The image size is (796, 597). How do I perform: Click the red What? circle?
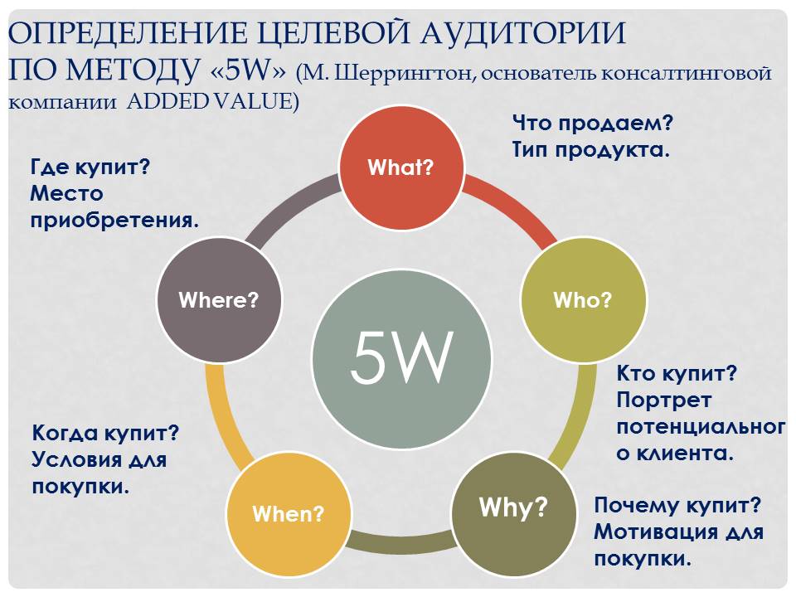click(400, 168)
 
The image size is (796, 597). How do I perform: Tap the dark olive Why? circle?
click(513, 507)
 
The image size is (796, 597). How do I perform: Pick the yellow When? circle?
click(288, 513)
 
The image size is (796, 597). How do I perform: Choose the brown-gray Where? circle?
click(218, 300)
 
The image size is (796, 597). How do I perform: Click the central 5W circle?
click(401, 358)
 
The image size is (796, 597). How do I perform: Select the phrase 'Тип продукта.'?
click(590, 151)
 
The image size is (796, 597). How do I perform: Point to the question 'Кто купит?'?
click(677, 374)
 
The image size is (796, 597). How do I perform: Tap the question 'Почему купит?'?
click(678, 505)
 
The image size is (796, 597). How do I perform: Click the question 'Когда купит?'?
click(105, 434)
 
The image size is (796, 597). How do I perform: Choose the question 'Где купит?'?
click(89, 167)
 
